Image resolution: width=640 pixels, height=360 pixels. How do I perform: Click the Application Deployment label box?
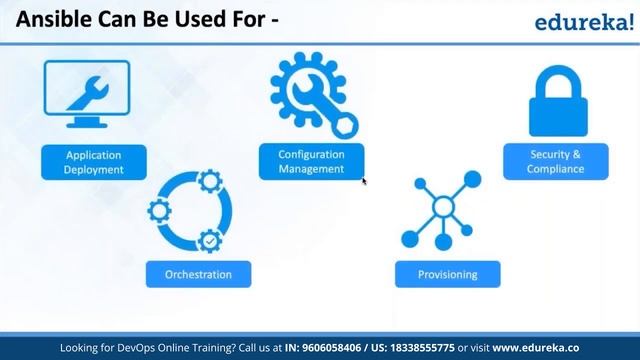(x=94, y=162)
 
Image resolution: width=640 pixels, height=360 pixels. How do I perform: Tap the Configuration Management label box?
(x=311, y=162)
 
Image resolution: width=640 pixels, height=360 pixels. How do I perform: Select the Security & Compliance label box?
(x=555, y=162)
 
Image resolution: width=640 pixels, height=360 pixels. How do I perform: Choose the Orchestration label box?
(x=198, y=274)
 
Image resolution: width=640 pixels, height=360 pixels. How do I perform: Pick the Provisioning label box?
(x=446, y=274)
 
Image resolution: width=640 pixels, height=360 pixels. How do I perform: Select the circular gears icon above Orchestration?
(x=191, y=212)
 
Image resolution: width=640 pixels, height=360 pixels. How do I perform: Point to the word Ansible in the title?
(x=51, y=19)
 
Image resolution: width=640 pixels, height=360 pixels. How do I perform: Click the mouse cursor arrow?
(x=364, y=181)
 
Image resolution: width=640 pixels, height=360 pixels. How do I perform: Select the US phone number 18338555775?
(x=446, y=347)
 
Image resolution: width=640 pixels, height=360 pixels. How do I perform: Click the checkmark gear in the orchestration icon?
(x=210, y=241)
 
